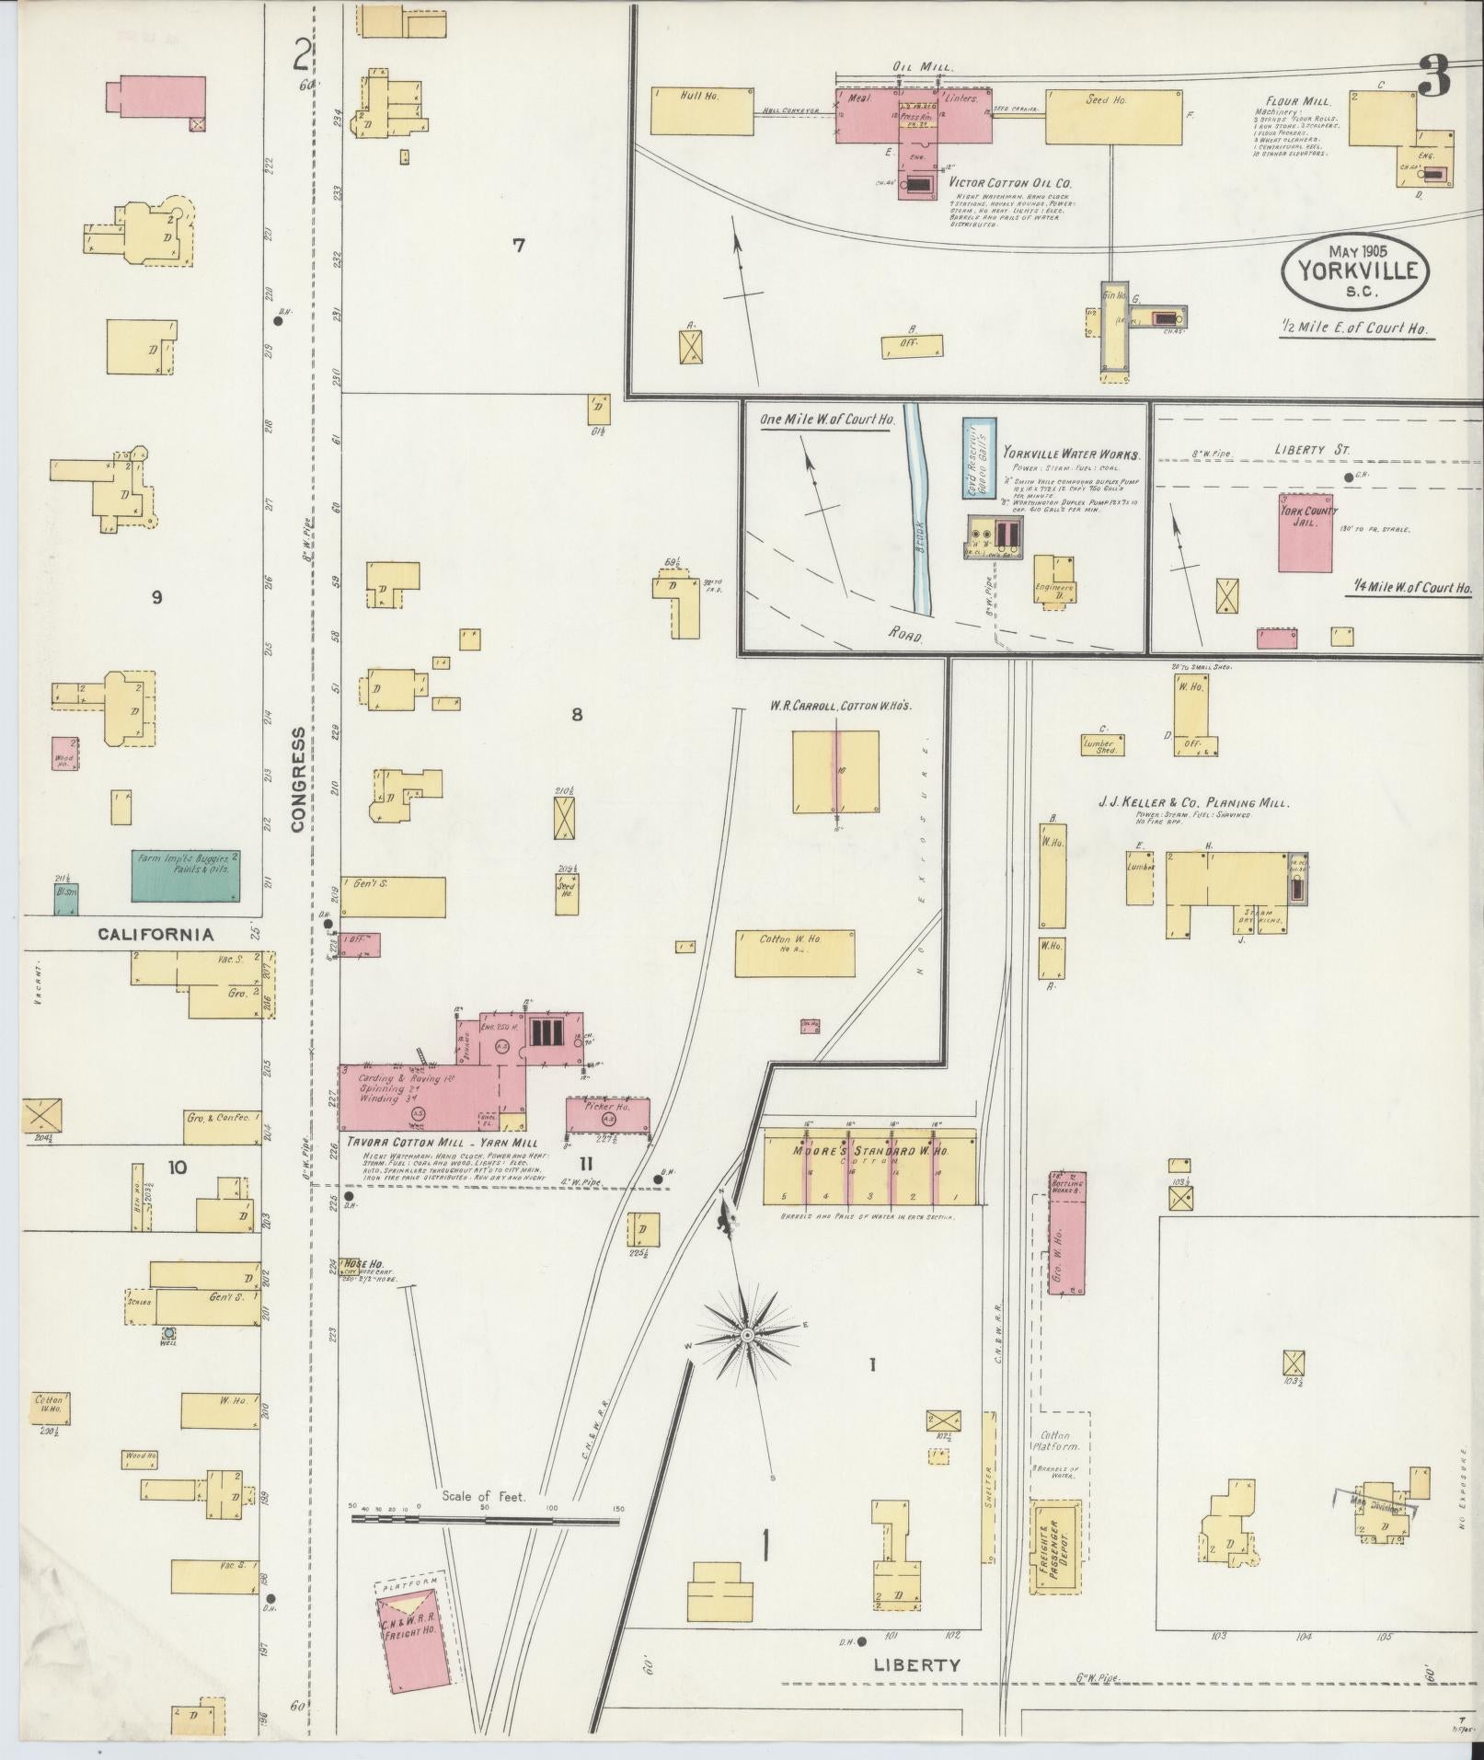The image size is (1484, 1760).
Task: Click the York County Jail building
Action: pos(1306,537)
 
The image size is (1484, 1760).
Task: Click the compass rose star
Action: pos(747,1334)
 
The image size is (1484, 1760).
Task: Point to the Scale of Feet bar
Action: pos(485,1521)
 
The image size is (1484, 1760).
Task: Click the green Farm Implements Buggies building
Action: pos(187,875)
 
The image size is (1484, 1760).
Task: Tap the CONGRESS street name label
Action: pos(298,779)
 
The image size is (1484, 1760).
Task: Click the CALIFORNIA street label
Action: pos(155,935)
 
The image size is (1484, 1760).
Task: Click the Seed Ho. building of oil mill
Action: pos(1114,117)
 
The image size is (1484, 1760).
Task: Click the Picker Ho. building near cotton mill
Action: pos(607,1115)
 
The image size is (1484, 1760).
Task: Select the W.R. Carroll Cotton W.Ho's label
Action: pos(841,706)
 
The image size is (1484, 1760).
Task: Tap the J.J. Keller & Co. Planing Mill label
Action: pos(1193,803)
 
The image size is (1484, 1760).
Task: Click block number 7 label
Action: pos(519,245)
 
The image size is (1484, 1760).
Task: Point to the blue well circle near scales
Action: pos(168,1331)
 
